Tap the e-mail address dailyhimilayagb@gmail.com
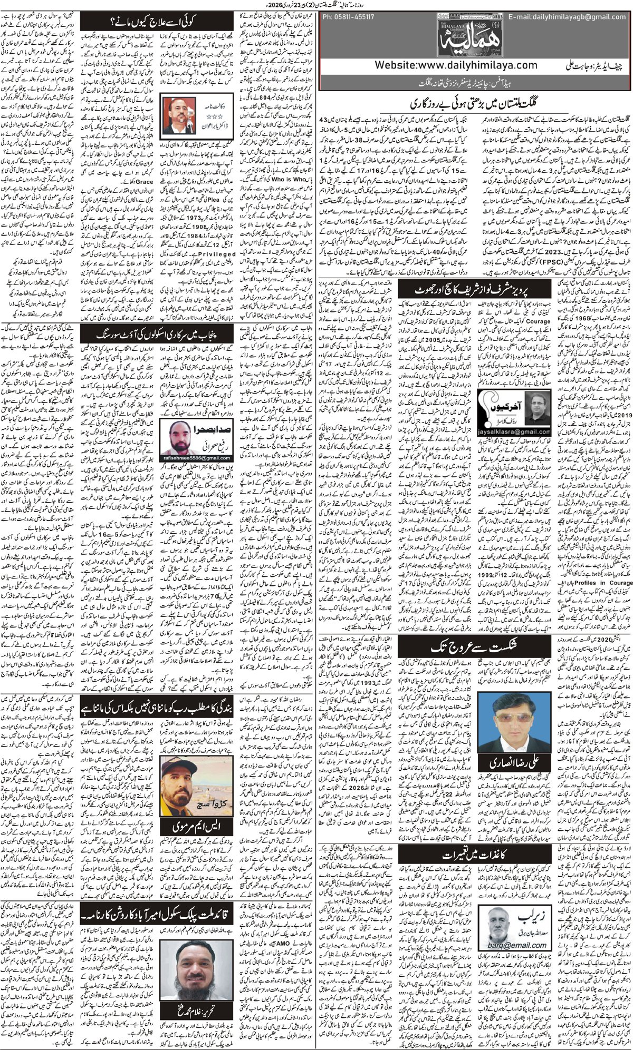569,17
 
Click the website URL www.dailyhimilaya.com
456,66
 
